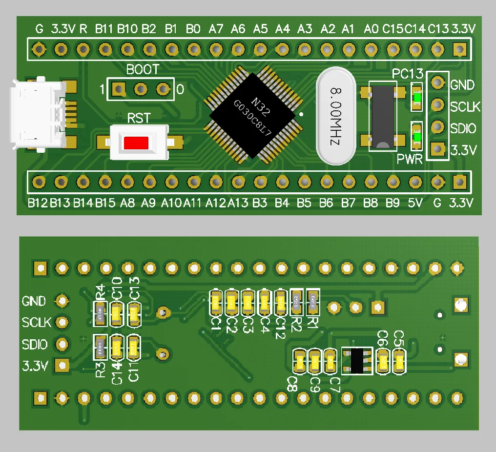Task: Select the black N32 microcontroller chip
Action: click(253, 115)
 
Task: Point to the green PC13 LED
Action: click(417, 99)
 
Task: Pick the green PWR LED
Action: click(417, 137)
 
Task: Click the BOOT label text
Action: click(143, 70)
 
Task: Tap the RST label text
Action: click(139, 119)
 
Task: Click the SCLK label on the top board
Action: click(465, 107)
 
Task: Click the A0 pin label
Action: click(371, 29)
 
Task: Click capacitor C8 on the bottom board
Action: click(299, 362)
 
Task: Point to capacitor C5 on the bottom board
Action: click(399, 362)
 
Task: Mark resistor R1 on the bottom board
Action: click(312, 302)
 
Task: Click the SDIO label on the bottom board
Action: click(35, 345)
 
